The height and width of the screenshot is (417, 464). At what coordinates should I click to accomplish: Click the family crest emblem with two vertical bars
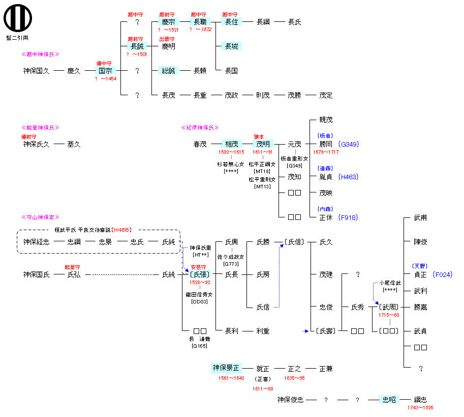tap(18, 17)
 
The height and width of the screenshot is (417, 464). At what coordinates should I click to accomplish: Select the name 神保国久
tap(36, 71)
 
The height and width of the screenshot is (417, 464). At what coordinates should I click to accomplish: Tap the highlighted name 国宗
tap(105, 71)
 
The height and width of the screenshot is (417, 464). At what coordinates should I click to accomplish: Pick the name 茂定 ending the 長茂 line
tap(326, 95)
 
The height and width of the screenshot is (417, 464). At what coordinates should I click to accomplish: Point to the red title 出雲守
tap(168, 39)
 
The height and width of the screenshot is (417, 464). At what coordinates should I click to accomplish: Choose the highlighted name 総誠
tap(168, 71)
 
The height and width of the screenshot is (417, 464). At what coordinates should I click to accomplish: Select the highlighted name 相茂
tap(231, 144)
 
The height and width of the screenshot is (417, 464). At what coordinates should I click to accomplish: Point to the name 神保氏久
tap(36, 144)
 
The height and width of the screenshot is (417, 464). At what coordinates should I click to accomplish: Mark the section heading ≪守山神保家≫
tap(41, 217)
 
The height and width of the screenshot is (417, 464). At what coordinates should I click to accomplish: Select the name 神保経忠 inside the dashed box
tap(36, 242)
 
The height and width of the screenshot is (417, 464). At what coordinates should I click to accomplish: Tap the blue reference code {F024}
tap(443, 274)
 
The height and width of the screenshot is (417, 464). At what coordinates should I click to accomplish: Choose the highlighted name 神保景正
tap(226, 368)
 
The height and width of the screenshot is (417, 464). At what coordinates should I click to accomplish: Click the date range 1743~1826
tap(420, 407)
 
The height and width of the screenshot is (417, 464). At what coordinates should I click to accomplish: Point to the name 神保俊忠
tap(290, 400)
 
